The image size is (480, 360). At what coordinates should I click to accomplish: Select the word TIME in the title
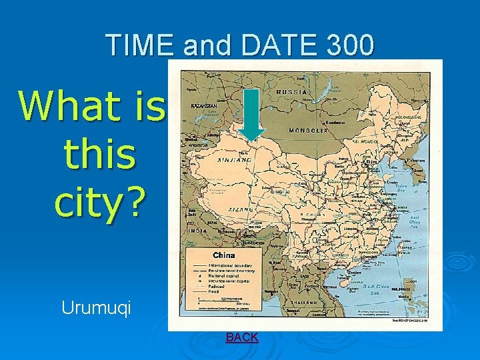(x=141, y=45)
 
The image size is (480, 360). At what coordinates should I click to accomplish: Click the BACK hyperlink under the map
(x=242, y=337)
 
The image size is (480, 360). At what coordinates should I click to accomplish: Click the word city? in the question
(x=99, y=203)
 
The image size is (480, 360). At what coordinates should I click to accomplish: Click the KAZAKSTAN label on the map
(x=203, y=106)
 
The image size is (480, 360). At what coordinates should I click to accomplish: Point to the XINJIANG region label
(x=233, y=161)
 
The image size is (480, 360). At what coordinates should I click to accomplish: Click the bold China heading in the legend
(x=223, y=255)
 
